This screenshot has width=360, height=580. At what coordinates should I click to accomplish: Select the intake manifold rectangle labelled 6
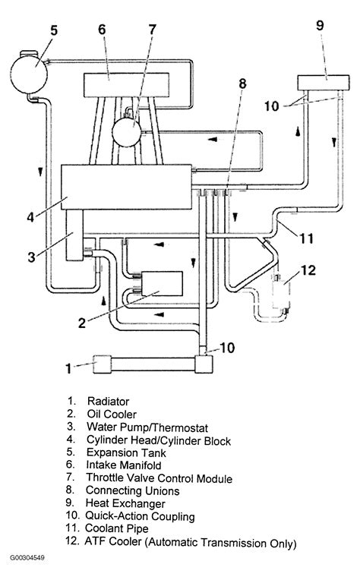click(126, 85)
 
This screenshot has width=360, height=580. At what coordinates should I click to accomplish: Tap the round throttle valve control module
click(127, 132)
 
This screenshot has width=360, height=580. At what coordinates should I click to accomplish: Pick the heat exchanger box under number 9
click(324, 83)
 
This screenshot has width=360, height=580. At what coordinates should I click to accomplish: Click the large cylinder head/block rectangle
click(126, 187)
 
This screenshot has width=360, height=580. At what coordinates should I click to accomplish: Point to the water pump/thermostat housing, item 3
click(74, 235)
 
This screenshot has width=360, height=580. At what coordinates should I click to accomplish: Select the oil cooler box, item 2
click(162, 284)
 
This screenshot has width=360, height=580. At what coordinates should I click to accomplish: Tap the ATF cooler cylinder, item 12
click(281, 295)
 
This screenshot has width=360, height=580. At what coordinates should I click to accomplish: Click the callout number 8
click(242, 84)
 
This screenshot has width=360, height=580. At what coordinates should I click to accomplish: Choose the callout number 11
click(307, 238)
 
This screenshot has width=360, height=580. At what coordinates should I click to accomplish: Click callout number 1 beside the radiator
click(68, 368)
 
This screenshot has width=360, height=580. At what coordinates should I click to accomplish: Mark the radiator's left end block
click(102, 364)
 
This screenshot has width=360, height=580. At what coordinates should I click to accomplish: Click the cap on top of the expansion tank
click(29, 54)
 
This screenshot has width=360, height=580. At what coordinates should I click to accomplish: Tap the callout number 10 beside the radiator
click(227, 348)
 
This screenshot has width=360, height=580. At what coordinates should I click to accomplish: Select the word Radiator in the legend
click(108, 402)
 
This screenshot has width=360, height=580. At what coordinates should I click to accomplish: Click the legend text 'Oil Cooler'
click(112, 415)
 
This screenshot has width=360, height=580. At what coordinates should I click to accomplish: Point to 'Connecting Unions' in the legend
click(132, 491)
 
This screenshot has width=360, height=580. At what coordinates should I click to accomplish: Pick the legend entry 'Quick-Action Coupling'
click(140, 516)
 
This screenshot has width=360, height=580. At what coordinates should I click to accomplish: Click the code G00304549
click(27, 557)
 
